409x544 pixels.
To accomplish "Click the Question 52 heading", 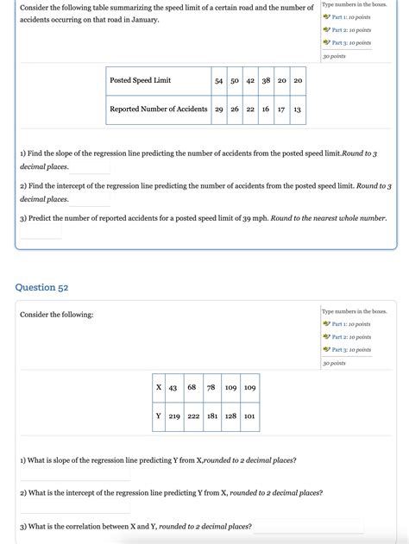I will [x=41, y=287].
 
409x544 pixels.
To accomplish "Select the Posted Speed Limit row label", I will [x=140, y=80].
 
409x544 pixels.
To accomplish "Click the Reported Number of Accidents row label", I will [x=158, y=109].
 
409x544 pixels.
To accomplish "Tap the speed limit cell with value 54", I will [x=219, y=80].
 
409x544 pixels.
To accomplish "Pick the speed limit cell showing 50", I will [x=235, y=80].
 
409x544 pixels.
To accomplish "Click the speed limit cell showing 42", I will [x=250, y=80].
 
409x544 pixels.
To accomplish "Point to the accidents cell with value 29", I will [x=219, y=109].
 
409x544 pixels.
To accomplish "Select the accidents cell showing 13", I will [x=297, y=109].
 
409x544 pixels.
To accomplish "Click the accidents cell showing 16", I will [x=266, y=109].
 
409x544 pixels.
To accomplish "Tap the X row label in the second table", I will [x=159, y=387].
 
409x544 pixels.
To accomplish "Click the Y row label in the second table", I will [x=159, y=416].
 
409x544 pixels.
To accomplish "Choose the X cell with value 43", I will [x=173, y=387].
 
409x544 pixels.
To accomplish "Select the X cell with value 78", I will [x=211, y=387].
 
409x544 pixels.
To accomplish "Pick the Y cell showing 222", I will [x=192, y=416].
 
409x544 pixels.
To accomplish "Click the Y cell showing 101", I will [x=249, y=416].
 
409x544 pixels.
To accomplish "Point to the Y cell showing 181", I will [x=211, y=416].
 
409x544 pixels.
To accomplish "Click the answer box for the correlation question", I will [x=308, y=526].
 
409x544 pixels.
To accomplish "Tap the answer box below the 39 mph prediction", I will [x=41, y=233].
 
